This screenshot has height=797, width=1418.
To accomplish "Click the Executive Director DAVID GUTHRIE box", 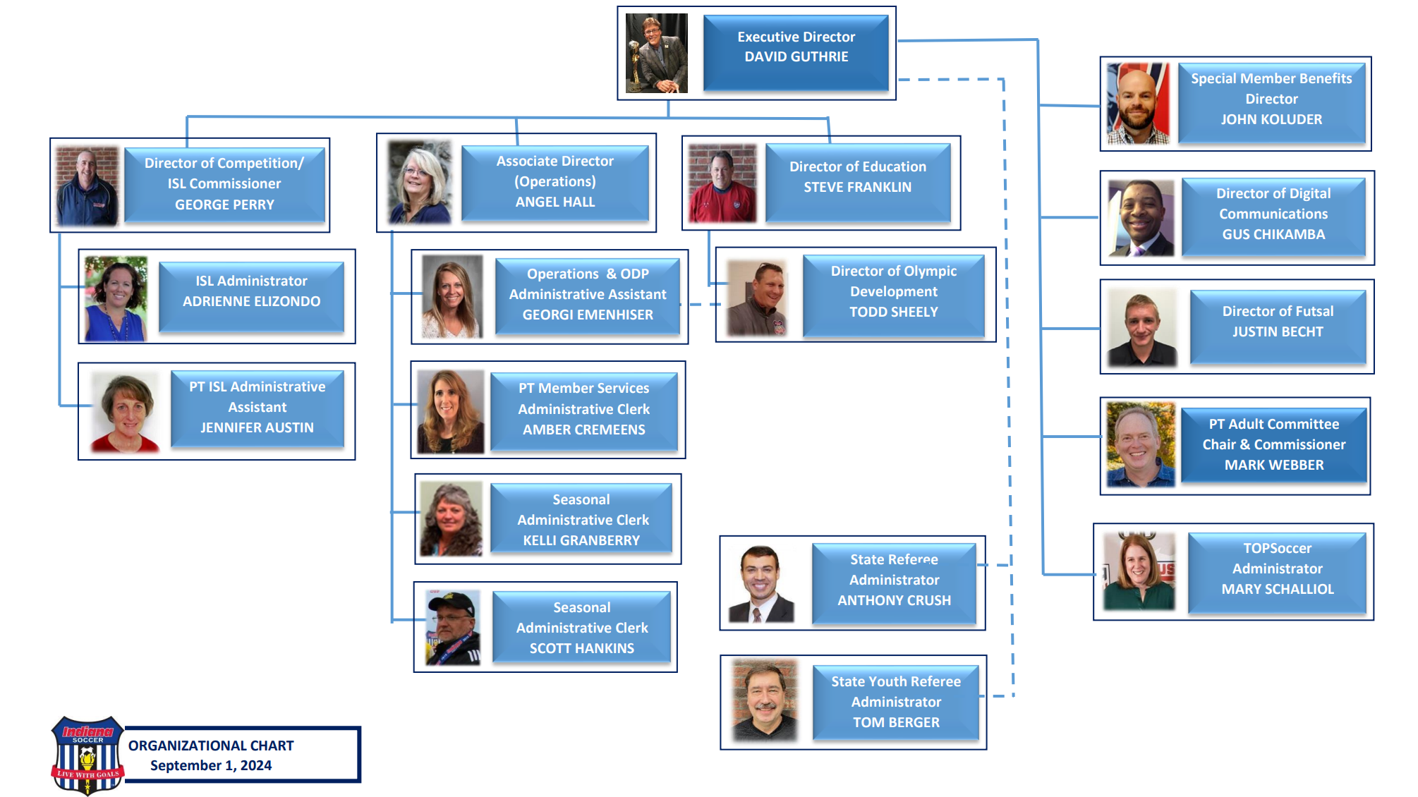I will pyautogui.click(x=796, y=53).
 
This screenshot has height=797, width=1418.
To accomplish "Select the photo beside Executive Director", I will pyautogui.click(x=656, y=53).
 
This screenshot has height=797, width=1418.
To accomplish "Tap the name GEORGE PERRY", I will pyautogui.click(x=224, y=205).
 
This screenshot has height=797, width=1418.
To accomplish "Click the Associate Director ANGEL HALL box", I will pyautogui.click(x=555, y=182).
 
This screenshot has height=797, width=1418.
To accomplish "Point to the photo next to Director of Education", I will pyautogui.click(x=722, y=183).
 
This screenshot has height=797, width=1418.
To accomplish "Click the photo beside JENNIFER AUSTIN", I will pyautogui.click(x=126, y=413).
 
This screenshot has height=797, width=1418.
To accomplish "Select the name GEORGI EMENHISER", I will pyautogui.click(x=588, y=315).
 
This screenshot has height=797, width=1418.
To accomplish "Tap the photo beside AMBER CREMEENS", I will pyautogui.click(x=450, y=411).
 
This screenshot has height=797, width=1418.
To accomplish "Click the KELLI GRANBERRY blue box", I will pyautogui.click(x=581, y=520).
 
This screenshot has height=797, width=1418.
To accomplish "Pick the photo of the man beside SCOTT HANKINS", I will pyautogui.click(x=452, y=628).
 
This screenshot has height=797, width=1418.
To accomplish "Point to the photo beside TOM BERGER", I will pyautogui.click(x=765, y=700).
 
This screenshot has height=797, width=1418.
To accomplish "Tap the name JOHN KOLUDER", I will pyautogui.click(x=1271, y=119).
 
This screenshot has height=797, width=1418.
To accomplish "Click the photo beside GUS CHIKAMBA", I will pyautogui.click(x=1141, y=218).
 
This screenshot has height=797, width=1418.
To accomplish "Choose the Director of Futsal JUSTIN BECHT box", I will pyautogui.click(x=1278, y=324).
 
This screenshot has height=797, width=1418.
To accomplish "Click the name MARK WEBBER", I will pyautogui.click(x=1274, y=465).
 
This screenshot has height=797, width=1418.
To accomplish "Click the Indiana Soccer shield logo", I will pyautogui.click(x=87, y=755).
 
